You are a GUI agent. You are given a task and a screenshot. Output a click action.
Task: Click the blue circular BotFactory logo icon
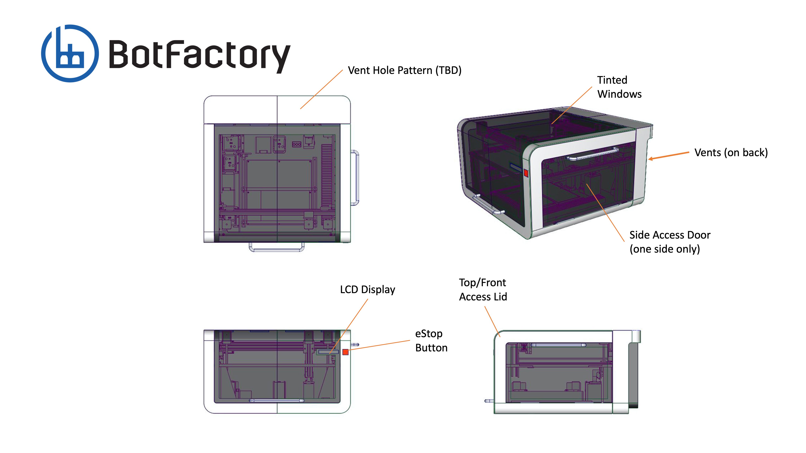pyautogui.click(x=70, y=53)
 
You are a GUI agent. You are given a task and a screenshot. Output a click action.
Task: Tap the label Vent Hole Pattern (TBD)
pyautogui.click(x=405, y=70)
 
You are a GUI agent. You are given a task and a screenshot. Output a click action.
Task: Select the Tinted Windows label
pyautogui.click(x=619, y=87)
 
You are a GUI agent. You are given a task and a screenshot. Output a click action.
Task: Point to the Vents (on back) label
pyautogui.click(x=731, y=153)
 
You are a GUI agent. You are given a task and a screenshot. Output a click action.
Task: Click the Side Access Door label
pyautogui.click(x=670, y=242)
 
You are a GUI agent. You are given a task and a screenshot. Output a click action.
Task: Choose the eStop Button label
pyautogui.click(x=431, y=340)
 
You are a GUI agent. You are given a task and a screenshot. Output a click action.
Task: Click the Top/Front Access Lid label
pyautogui.click(x=483, y=290)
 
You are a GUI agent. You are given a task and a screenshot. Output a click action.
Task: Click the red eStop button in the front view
pyautogui.click(x=345, y=352)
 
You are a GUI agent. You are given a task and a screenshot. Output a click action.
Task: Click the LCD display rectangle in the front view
pyautogui.click(x=328, y=352)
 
